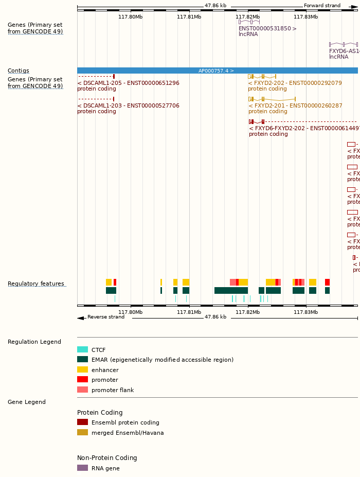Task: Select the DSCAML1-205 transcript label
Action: click(x=129, y=83)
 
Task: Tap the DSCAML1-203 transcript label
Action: click(x=129, y=105)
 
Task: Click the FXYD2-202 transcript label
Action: click(x=295, y=83)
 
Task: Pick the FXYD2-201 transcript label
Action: click(x=295, y=105)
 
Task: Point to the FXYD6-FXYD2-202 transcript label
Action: click(x=303, y=128)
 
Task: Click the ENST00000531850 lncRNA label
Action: click(x=267, y=28)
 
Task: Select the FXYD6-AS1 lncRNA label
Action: click(x=344, y=51)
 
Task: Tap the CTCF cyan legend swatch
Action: click(x=82, y=350)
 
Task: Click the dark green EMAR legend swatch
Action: click(x=82, y=360)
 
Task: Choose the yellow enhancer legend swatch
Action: click(x=82, y=370)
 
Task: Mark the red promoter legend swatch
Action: click(x=82, y=380)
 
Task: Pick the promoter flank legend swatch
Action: click(x=82, y=390)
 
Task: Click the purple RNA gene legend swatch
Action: click(x=82, y=468)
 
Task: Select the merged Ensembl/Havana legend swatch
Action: click(x=82, y=433)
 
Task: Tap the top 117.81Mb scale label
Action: click(x=189, y=16)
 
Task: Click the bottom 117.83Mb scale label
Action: click(x=306, y=312)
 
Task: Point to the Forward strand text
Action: click(x=322, y=6)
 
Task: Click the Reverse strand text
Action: click(x=106, y=317)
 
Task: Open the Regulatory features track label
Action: click(x=36, y=284)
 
